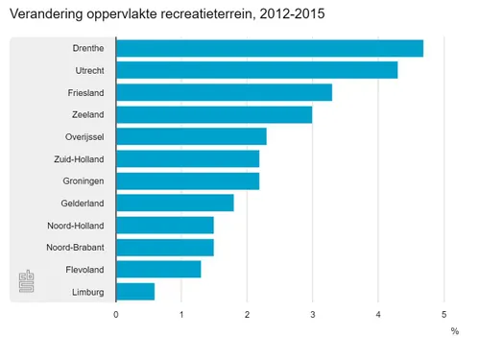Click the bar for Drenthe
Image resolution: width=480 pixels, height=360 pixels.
pos(269,49)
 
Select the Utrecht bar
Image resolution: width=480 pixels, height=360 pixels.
pos(256,71)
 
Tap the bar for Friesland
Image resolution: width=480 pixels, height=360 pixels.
pos(224,93)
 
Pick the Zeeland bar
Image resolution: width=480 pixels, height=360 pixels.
pos(214,115)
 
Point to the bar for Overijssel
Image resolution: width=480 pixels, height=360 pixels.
pos(191,137)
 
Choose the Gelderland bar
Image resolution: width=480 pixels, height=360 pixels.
pos(175,203)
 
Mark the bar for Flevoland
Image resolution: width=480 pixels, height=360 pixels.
pos(158,269)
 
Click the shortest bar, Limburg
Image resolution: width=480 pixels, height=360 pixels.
pos(135,291)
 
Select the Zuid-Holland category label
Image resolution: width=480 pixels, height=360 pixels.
pos(78,159)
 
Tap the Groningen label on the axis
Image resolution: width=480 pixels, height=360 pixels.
pos(82,180)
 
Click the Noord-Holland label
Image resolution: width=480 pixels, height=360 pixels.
pos(76,226)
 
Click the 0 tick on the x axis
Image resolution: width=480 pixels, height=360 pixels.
pos(116,314)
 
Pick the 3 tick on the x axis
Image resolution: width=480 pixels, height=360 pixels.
pos(312,314)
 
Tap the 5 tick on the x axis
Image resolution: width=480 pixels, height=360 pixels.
pos(444,314)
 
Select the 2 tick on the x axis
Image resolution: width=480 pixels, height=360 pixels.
pos(247,314)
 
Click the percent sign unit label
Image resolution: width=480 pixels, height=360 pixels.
pos(454,331)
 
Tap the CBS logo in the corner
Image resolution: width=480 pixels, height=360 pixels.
pos(28,283)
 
